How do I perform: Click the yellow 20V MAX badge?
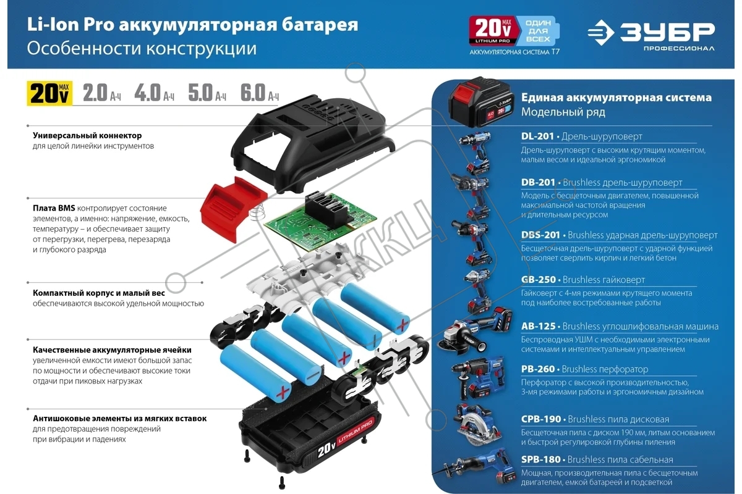coord(49,93)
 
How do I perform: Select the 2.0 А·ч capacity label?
coord(101,93)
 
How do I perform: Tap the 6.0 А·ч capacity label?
coord(259,93)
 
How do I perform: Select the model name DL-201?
coord(537,136)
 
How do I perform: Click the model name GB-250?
coord(539,280)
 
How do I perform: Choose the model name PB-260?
coord(538,369)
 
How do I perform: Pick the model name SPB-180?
coord(540,459)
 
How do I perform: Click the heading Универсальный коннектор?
coord(87,136)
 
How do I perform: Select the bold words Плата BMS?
coord(54,208)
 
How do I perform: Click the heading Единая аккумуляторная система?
coord(616,98)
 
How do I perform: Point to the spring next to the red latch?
coord(258,212)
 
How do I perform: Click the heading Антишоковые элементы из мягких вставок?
coord(119,419)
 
